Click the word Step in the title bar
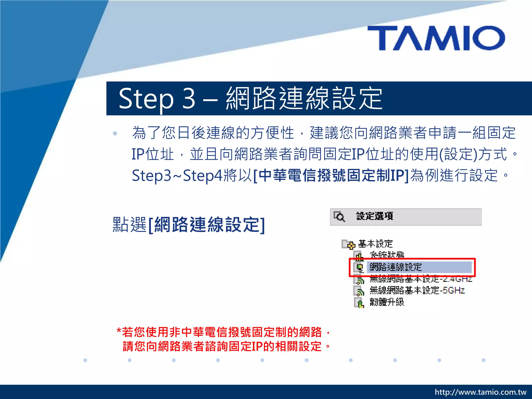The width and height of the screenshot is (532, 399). pos(146,99)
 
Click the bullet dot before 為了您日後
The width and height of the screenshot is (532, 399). pos(115,134)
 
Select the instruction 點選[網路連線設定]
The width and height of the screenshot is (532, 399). pos(189,225)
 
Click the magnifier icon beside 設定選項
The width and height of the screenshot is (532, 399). pos(339,216)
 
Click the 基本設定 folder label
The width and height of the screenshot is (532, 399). pos(375,244)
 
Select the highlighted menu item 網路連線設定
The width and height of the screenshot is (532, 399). pos(395,267)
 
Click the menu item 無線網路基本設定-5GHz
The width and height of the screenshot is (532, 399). pos(417,290)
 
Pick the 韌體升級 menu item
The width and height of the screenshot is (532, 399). pos(387,302)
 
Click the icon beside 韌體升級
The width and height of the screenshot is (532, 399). pos(359,303)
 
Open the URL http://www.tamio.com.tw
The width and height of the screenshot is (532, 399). pos(480,392)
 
